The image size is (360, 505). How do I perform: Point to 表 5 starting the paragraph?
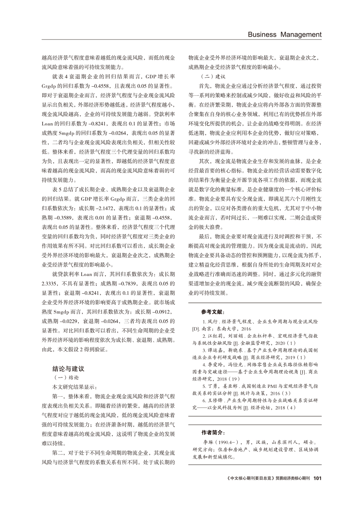pos(57,190)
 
